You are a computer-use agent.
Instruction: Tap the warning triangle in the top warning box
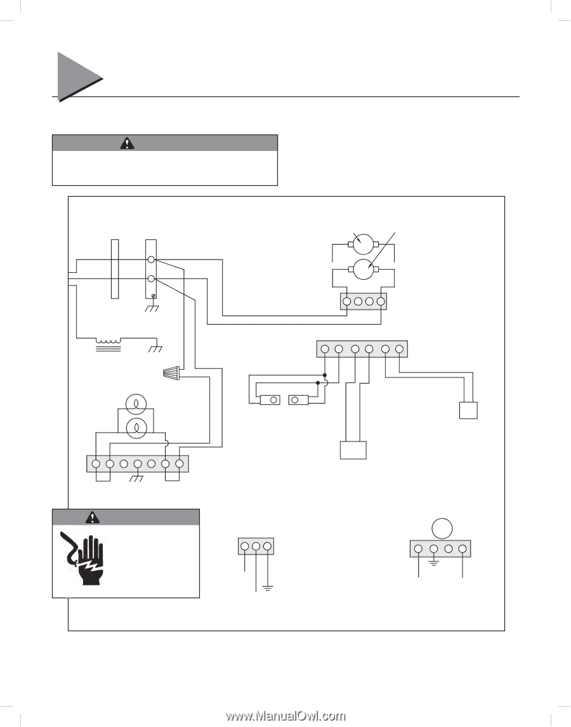pos(128,143)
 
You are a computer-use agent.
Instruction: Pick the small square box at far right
pos(468,410)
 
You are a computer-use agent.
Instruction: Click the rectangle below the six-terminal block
pos(353,450)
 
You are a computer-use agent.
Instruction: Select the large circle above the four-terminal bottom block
pos(442,528)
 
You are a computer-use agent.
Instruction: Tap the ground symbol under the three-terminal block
pos(268,589)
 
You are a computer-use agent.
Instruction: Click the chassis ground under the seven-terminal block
pos(136,480)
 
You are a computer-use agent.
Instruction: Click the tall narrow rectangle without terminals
pos(114,268)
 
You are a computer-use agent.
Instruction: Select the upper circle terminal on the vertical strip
pos(152,260)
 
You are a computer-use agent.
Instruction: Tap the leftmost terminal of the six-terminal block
pos(325,349)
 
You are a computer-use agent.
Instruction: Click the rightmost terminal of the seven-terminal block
pos(180,464)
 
